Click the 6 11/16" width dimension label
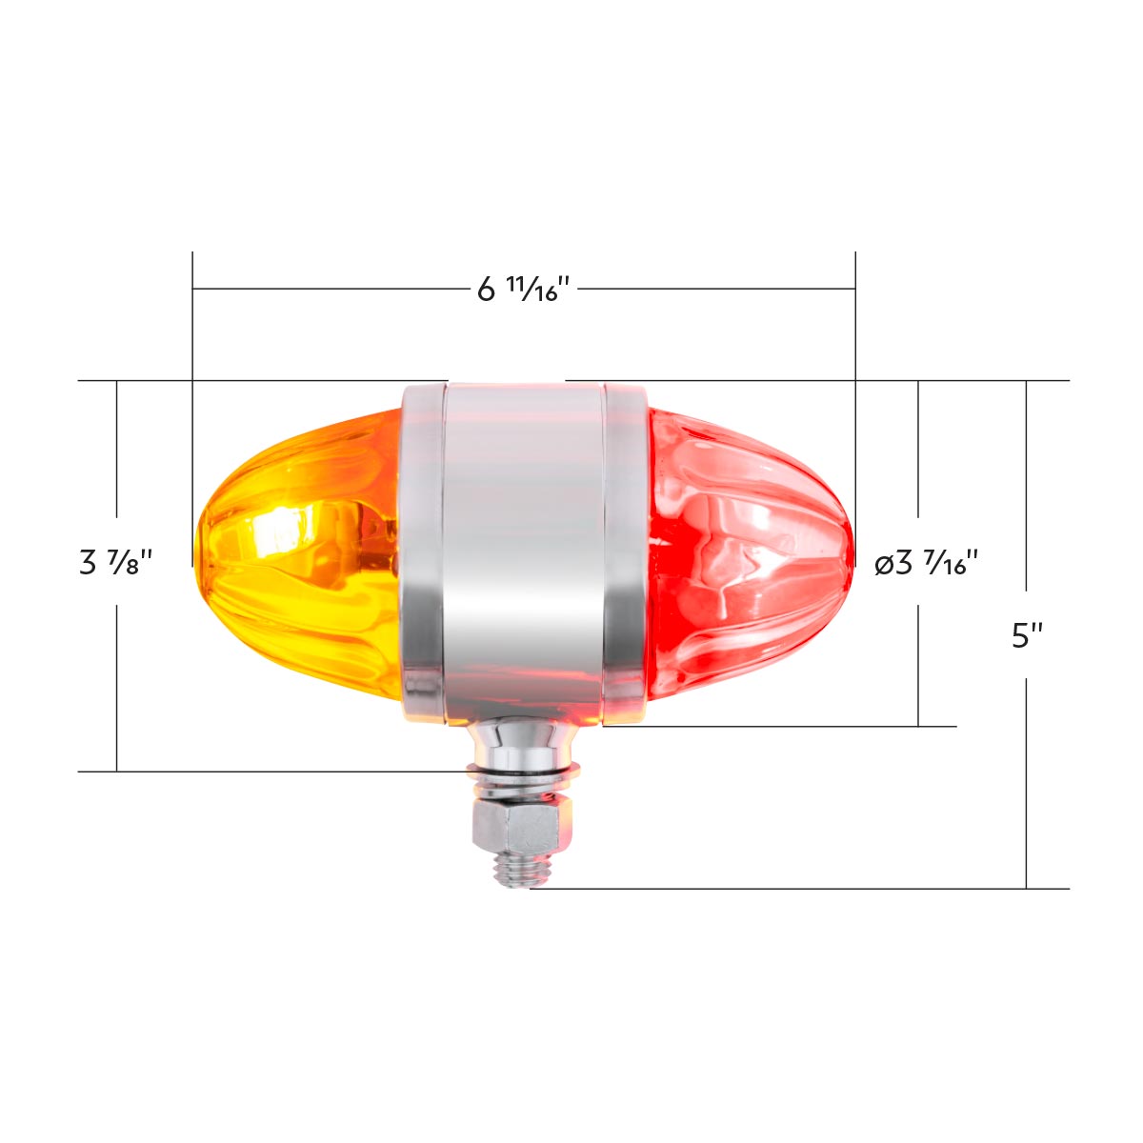pos(523,288)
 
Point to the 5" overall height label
pos(1027,635)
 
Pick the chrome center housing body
pos(522,552)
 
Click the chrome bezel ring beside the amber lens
pos(422,552)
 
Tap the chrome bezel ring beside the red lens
pos(624,552)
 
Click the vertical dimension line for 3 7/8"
pos(116,686)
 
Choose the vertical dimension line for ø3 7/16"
pos(918,657)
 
